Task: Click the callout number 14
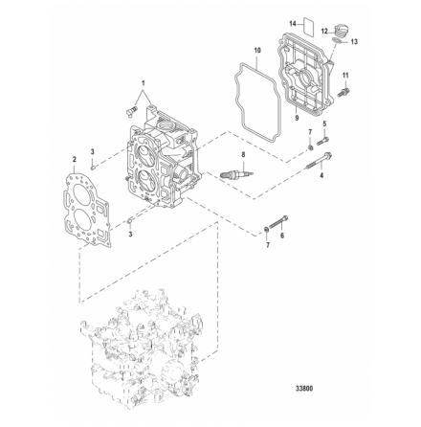click(293, 24)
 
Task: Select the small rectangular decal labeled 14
click(308, 25)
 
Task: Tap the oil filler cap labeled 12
click(343, 31)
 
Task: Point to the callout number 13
click(354, 41)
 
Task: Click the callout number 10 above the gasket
click(257, 50)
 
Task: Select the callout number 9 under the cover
click(297, 118)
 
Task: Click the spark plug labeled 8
click(237, 173)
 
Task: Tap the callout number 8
click(244, 155)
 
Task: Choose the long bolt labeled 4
click(320, 162)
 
